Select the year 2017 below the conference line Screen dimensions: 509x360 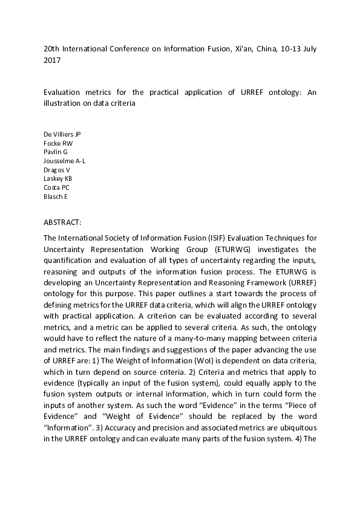pyautogui.click(x=52, y=60)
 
